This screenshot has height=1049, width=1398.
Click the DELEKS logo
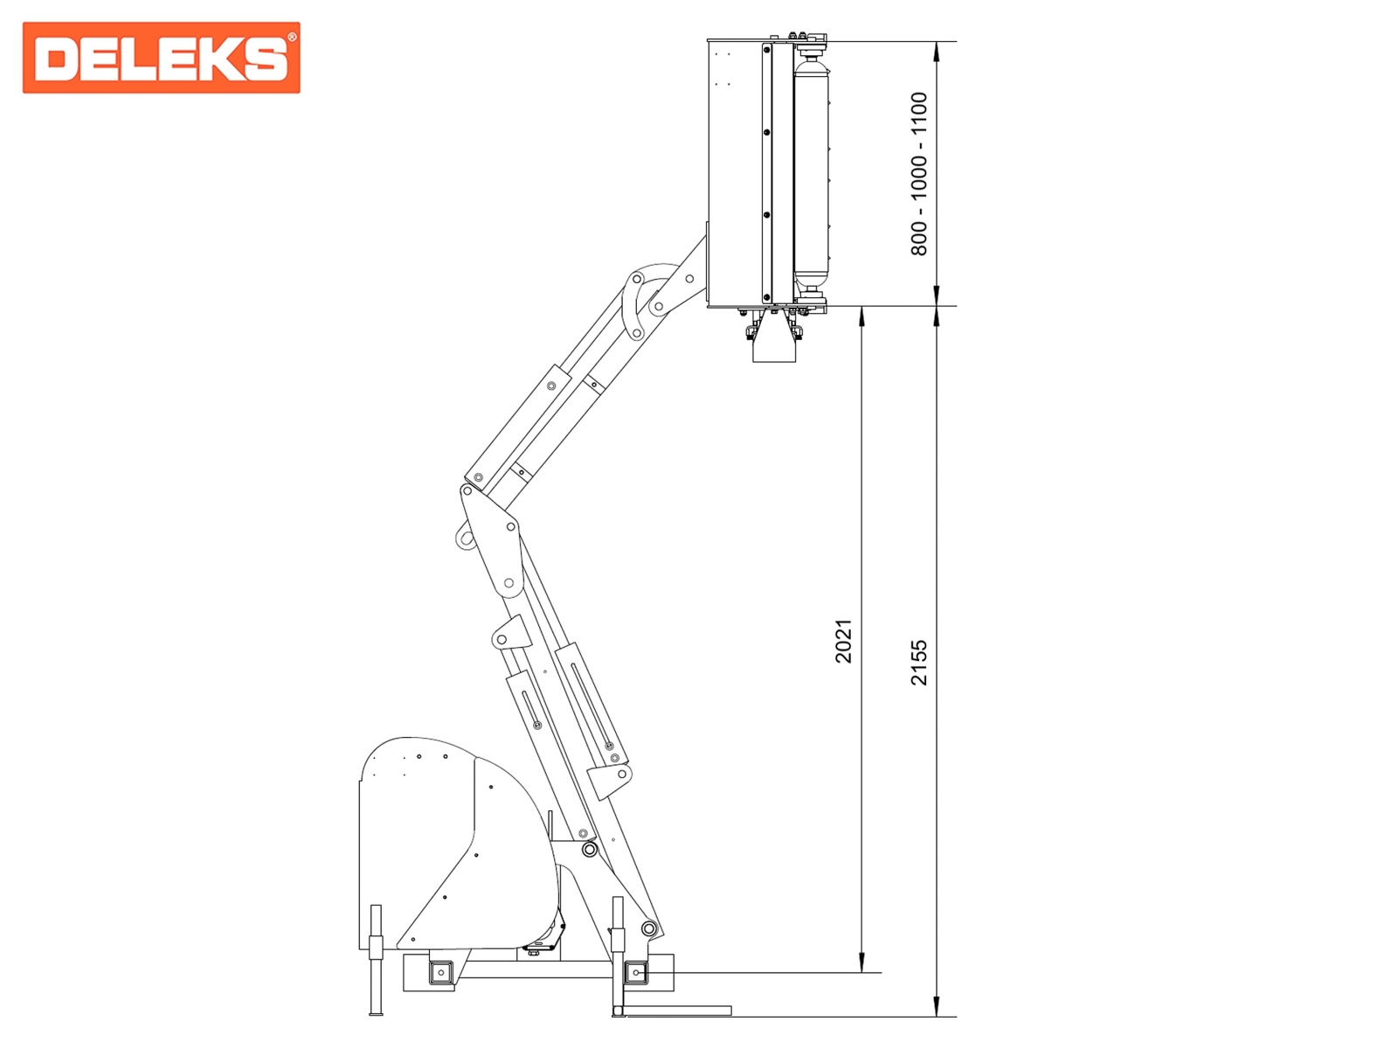pos(161,58)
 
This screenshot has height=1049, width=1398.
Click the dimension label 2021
pos(843,640)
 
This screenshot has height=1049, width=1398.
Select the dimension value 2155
pos(919,663)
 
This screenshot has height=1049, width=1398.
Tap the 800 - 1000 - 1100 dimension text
pos(919,174)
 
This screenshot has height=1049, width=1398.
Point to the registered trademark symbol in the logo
pos(292,38)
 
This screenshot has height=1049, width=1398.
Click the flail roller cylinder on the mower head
pos(812,173)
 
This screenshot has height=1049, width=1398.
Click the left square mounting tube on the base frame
pos(440,973)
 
